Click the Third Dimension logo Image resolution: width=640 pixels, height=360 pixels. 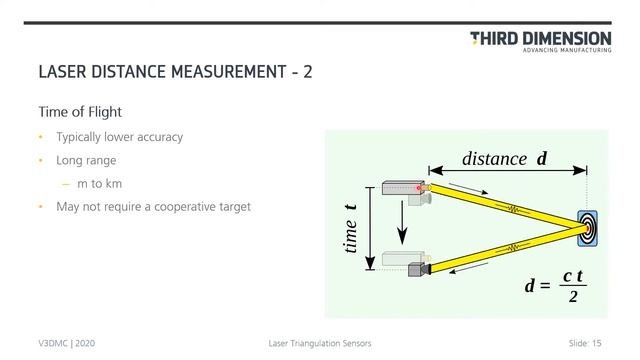click(x=540, y=39)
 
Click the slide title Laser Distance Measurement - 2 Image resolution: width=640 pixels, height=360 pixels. click(x=167, y=72)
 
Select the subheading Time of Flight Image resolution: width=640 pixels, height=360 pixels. click(x=79, y=112)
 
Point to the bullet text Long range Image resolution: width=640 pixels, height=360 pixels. click(x=86, y=160)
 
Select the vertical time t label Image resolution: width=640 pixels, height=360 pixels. click(x=351, y=229)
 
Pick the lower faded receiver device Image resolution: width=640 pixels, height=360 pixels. click(x=407, y=263)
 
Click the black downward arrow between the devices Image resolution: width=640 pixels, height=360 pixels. click(x=402, y=226)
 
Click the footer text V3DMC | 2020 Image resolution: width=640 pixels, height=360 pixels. click(x=67, y=343)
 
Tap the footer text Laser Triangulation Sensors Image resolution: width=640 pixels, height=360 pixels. click(x=320, y=343)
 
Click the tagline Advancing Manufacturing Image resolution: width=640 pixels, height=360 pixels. click(x=567, y=51)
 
